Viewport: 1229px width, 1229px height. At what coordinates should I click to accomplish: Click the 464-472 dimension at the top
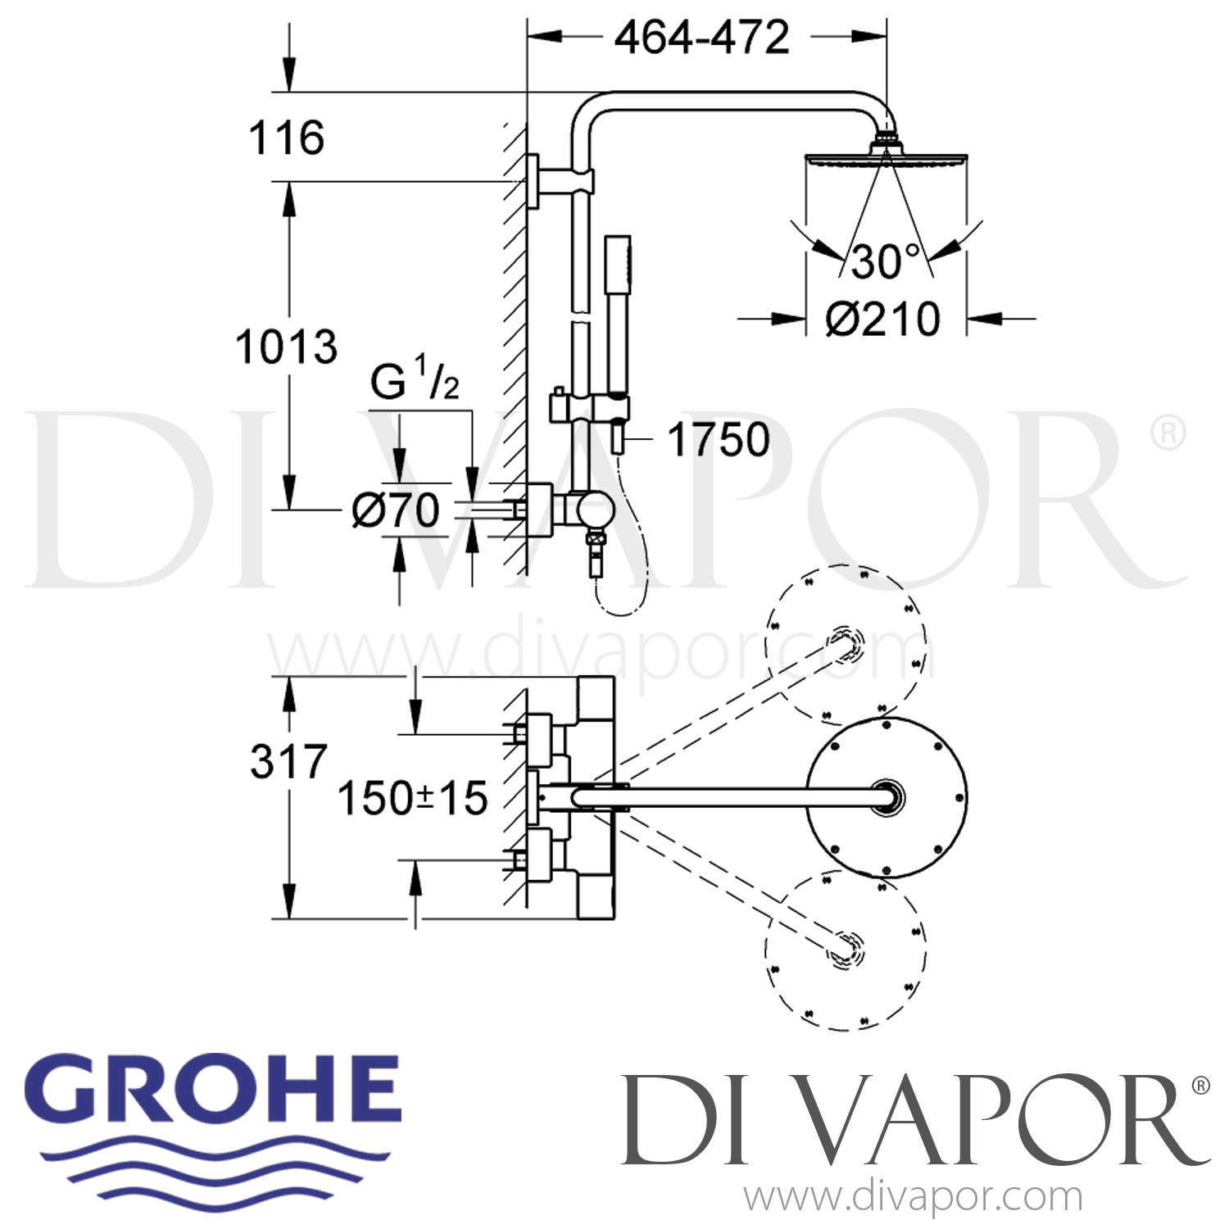click(x=702, y=38)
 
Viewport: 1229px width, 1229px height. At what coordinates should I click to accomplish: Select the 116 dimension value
click(x=287, y=138)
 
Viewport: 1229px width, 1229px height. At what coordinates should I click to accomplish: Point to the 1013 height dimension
click(x=286, y=347)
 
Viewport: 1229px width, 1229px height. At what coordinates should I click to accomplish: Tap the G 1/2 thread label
click(x=415, y=381)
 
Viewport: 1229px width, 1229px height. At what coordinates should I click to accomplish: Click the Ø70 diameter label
click(x=396, y=511)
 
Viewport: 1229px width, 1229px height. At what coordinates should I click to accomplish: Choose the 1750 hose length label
click(x=719, y=440)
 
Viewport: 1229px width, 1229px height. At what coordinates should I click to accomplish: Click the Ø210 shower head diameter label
click(x=882, y=319)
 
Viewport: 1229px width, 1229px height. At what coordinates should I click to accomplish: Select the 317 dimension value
click(x=288, y=762)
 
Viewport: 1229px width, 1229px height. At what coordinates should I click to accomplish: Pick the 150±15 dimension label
click(x=412, y=798)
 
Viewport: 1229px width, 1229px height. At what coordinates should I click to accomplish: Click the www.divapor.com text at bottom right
click(x=913, y=1197)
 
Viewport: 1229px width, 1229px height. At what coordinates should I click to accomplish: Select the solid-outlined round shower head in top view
click(x=887, y=796)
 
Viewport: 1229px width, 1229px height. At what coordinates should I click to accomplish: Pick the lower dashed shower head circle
click(x=846, y=950)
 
